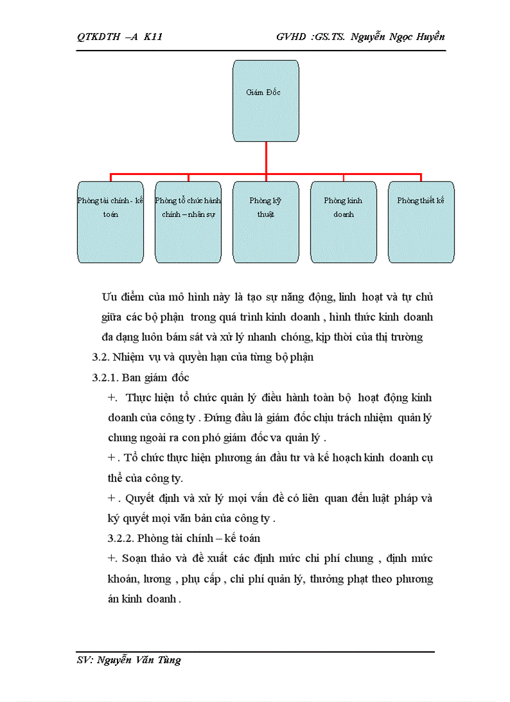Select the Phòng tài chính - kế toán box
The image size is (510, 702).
(x=111, y=222)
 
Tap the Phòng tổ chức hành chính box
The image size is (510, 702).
(x=188, y=222)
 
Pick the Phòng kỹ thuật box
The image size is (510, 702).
(x=266, y=222)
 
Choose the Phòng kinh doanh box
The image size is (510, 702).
(x=343, y=222)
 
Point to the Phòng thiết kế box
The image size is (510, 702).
(x=421, y=222)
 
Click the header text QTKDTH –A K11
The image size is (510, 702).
(x=120, y=37)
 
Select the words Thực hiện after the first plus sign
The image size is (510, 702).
(x=151, y=398)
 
